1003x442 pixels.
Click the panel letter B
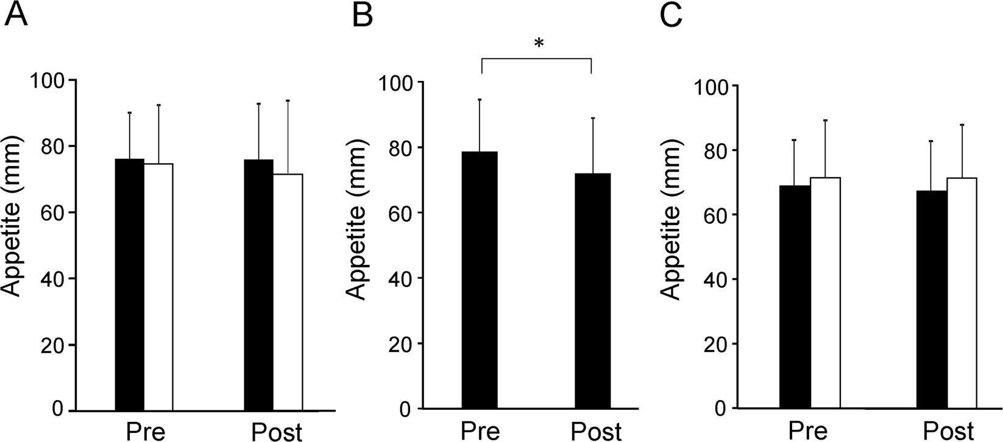363,16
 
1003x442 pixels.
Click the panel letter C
672,16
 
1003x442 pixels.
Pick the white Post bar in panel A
288,292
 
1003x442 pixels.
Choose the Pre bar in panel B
480,279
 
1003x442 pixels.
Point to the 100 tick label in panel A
51,80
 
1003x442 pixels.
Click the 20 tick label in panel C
714,343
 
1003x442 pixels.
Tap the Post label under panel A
277,431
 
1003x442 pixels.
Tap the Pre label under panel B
480,430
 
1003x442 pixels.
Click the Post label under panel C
948,430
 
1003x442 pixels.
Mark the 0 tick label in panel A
58,410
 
